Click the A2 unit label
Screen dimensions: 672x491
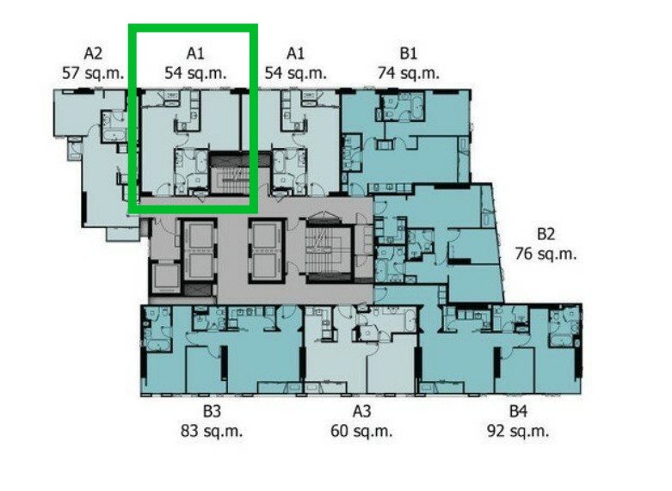(93, 53)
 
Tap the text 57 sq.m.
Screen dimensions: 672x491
(93, 73)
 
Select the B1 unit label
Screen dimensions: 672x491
(409, 53)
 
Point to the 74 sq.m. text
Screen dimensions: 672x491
(409, 73)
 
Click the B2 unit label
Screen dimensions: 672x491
(546, 234)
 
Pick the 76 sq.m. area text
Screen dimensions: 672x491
(546, 254)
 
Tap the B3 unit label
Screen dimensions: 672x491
(212, 411)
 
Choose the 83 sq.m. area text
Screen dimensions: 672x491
(212, 431)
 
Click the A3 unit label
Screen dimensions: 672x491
(361, 411)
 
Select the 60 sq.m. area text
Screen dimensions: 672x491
(361, 431)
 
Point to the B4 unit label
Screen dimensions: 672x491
(518, 411)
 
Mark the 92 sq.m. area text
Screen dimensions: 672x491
(518, 431)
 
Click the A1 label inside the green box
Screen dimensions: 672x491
(195, 53)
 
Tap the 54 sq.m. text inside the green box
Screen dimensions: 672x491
(195, 73)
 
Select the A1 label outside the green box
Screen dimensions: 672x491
(295, 53)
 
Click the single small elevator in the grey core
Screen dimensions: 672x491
(165, 278)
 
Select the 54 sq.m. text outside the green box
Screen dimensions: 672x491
(295, 73)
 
